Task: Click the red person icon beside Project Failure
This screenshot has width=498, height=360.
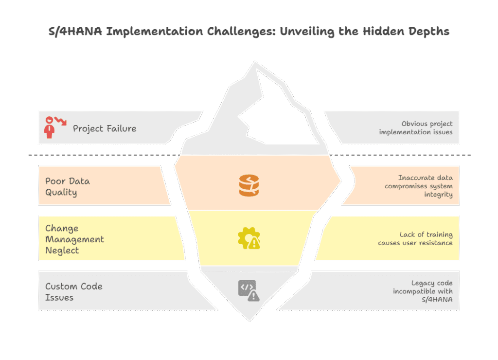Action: [49, 127]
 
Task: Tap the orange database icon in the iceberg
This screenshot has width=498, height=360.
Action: [249, 185]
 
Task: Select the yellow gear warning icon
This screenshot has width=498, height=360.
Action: [249, 238]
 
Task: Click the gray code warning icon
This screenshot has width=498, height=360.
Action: [249, 290]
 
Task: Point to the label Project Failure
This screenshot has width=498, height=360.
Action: [105, 128]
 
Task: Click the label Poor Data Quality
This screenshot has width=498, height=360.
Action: [67, 186]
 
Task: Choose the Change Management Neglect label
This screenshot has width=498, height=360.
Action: [74, 239]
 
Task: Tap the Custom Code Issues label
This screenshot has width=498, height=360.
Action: [74, 292]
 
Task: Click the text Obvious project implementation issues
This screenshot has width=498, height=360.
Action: [416, 128]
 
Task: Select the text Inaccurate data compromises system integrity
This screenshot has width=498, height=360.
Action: [419, 186]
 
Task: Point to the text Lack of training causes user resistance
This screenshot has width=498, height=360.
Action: [415, 239]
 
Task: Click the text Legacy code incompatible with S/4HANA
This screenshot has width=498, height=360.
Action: [423, 291]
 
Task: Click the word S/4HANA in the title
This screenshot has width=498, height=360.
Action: [75, 32]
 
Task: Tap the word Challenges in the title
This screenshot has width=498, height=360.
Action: [241, 32]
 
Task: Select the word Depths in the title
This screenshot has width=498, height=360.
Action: [429, 32]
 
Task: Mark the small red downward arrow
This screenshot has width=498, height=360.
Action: [60, 121]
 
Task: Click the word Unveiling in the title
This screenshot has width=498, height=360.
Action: [307, 32]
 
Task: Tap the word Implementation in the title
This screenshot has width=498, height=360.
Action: [154, 32]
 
